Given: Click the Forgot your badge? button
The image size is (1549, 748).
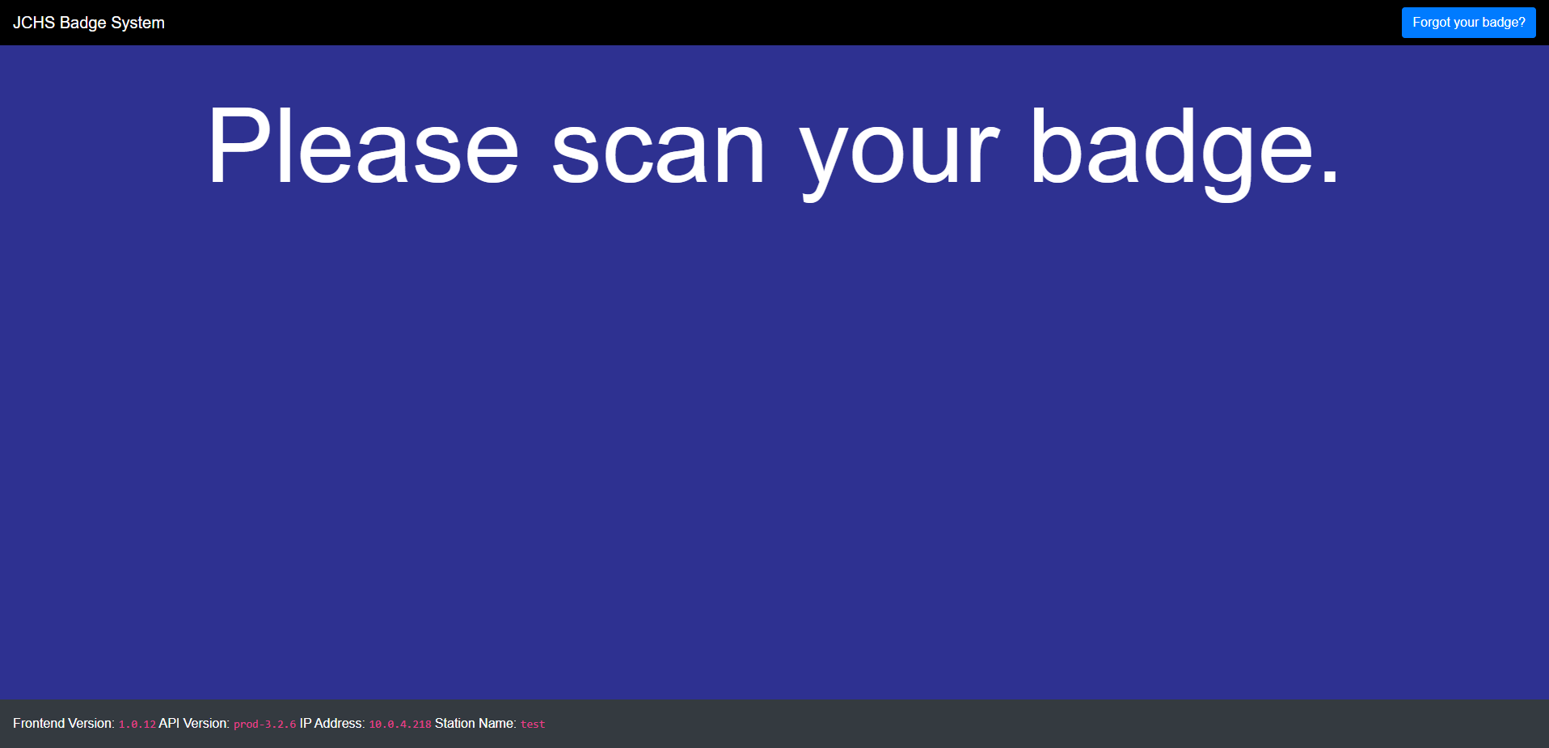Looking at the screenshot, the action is pos(1468,23).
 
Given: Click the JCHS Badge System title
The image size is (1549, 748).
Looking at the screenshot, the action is pos(89,23).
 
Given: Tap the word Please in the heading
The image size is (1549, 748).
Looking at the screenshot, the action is pos(363,146).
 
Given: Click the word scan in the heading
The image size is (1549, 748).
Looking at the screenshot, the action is pos(658,150).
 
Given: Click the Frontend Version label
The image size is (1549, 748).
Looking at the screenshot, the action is pos(64,724).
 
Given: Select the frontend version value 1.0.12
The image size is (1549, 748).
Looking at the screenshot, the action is pos(137,725).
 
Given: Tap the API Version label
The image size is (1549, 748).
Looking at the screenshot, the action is pos(194,724).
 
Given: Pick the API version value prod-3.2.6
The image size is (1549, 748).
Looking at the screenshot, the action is pos(265,725).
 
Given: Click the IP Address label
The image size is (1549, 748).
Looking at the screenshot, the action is pos(332,724).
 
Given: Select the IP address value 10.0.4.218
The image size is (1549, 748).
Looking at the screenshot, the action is pos(400,725).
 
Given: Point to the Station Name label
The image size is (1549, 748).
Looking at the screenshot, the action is pos(475,724).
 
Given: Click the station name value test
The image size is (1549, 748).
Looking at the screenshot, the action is pos(533,725).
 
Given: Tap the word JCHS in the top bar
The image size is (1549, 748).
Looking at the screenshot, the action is pos(34,23).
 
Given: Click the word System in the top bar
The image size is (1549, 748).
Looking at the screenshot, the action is pos(138,23).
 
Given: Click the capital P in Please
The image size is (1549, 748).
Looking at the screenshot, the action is pos(239,146).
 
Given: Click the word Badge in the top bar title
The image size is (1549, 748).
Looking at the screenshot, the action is pos(83,23).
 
